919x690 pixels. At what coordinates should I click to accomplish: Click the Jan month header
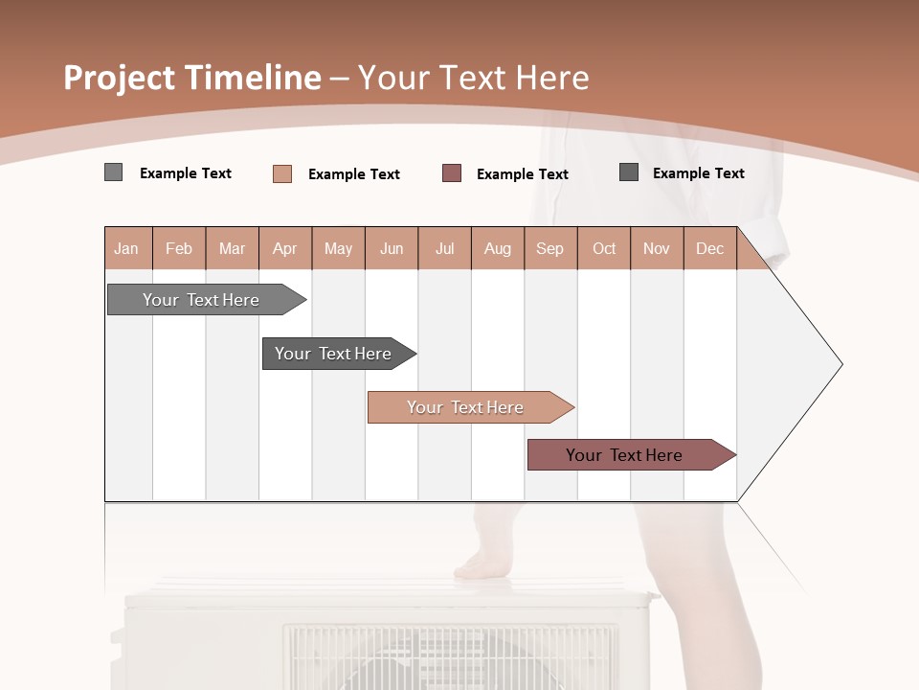[x=127, y=248]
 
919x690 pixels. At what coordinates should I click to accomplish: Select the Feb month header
[x=179, y=248]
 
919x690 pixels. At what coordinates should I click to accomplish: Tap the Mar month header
[x=232, y=248]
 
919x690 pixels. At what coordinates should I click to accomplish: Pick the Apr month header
[x=285, y=248]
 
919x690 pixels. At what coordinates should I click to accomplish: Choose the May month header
[x=338, y=248]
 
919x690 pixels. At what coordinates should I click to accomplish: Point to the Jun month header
[x=392, y=248]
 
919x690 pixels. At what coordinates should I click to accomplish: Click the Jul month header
[x=444, y=248]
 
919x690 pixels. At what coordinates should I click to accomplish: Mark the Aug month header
[x=498, y=248]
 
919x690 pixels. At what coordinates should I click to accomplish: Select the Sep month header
[x=550, y=248]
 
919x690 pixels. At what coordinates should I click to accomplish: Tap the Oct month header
[x=604, y=248]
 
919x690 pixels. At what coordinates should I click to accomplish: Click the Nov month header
[x=657, y=248]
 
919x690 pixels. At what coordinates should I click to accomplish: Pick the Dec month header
[x=710, y=248]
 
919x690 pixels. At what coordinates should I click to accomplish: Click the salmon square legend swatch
[x=282, y=173]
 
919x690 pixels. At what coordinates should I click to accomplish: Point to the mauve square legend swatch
[x=452, y=173]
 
